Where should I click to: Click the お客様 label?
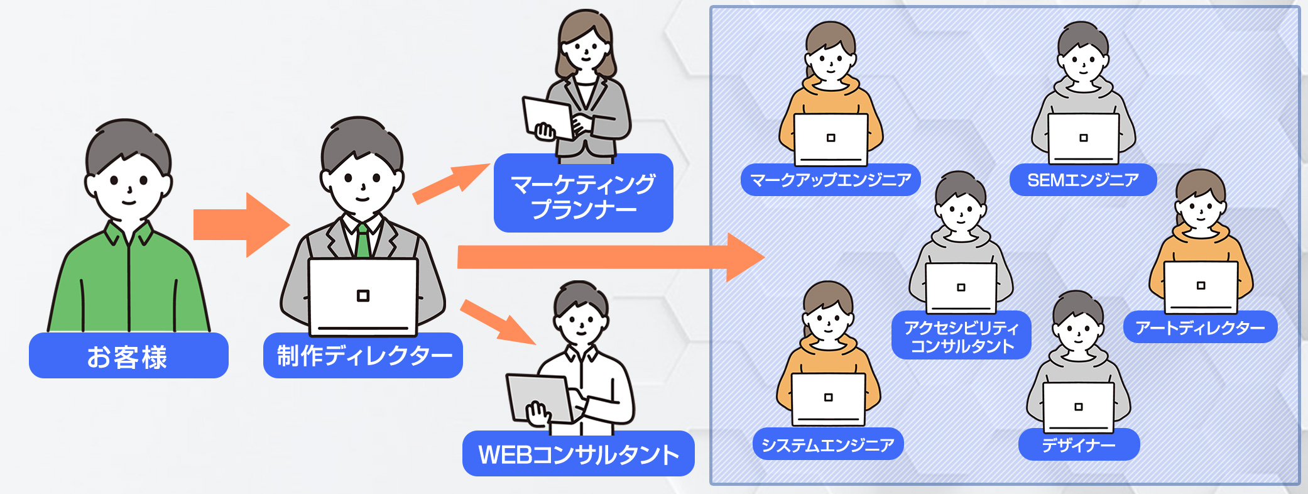click(128, 356)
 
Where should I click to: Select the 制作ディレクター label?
click(363, 356)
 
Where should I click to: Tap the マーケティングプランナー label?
click(583, 195)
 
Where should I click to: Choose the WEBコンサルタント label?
click(578, 454)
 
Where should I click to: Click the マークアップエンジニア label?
click(831, 180)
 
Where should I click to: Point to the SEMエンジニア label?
click(1082, 180)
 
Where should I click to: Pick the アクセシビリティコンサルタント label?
click(961, 336)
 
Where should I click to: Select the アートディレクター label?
click(1200, 327)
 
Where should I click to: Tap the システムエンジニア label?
click(827, 445)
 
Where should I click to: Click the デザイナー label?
click(1079, 445)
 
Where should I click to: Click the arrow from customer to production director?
click(239, 225)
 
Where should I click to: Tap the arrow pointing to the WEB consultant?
click(496, 322)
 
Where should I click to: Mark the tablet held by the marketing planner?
click(546, 118)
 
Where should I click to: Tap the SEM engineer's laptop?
click(1083, 138)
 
